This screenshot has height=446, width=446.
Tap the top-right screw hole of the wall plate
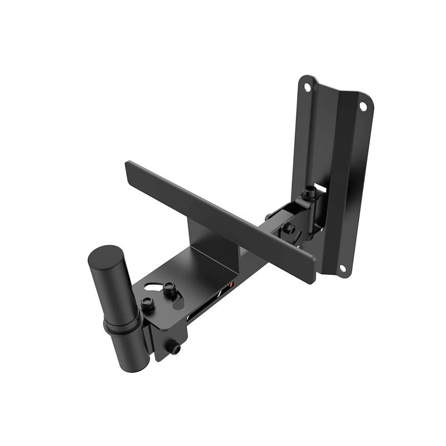[362, 106]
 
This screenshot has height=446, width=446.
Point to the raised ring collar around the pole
[122, 326]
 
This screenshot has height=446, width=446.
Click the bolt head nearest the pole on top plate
[147, 304]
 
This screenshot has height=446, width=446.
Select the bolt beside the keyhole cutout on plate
[169, 288]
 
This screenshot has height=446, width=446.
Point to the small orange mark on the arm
[232, 285]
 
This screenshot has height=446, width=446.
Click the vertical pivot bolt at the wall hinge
[309, 192]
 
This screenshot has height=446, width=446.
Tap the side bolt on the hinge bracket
[289, 229]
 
